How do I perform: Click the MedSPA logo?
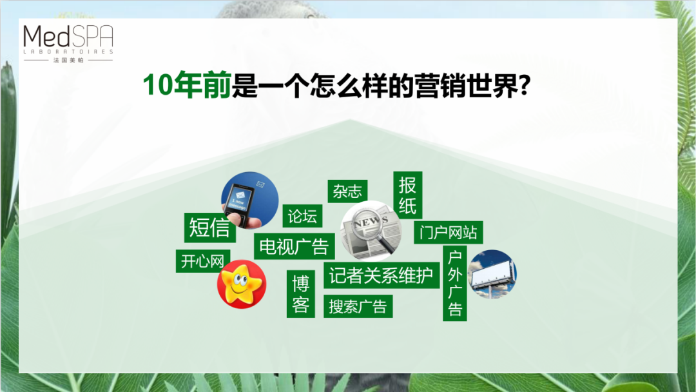(x=68, y=43)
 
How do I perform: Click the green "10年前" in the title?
(x=187, y=84)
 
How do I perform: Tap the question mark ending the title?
(x=525, y=84)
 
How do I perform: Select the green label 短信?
(x=209, y=228)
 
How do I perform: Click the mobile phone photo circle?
(x=250, y=201)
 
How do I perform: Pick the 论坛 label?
(x=302, y=216)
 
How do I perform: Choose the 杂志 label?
(x=347, y=191)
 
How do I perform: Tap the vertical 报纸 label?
(x=407, y=195)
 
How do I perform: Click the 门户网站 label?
(x=449, y=232)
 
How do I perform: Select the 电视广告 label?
(x=294, y=246)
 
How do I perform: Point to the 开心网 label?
(x=202, y=261)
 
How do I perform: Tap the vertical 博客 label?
(x=300, y=294)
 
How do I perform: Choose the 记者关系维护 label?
(x=382, y=275)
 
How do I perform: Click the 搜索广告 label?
(x=358, y=306)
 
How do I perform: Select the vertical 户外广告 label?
(x=454, y=283)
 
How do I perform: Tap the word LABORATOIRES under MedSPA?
(x=68, y=52)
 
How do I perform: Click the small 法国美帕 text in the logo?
(x=68, y=60)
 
